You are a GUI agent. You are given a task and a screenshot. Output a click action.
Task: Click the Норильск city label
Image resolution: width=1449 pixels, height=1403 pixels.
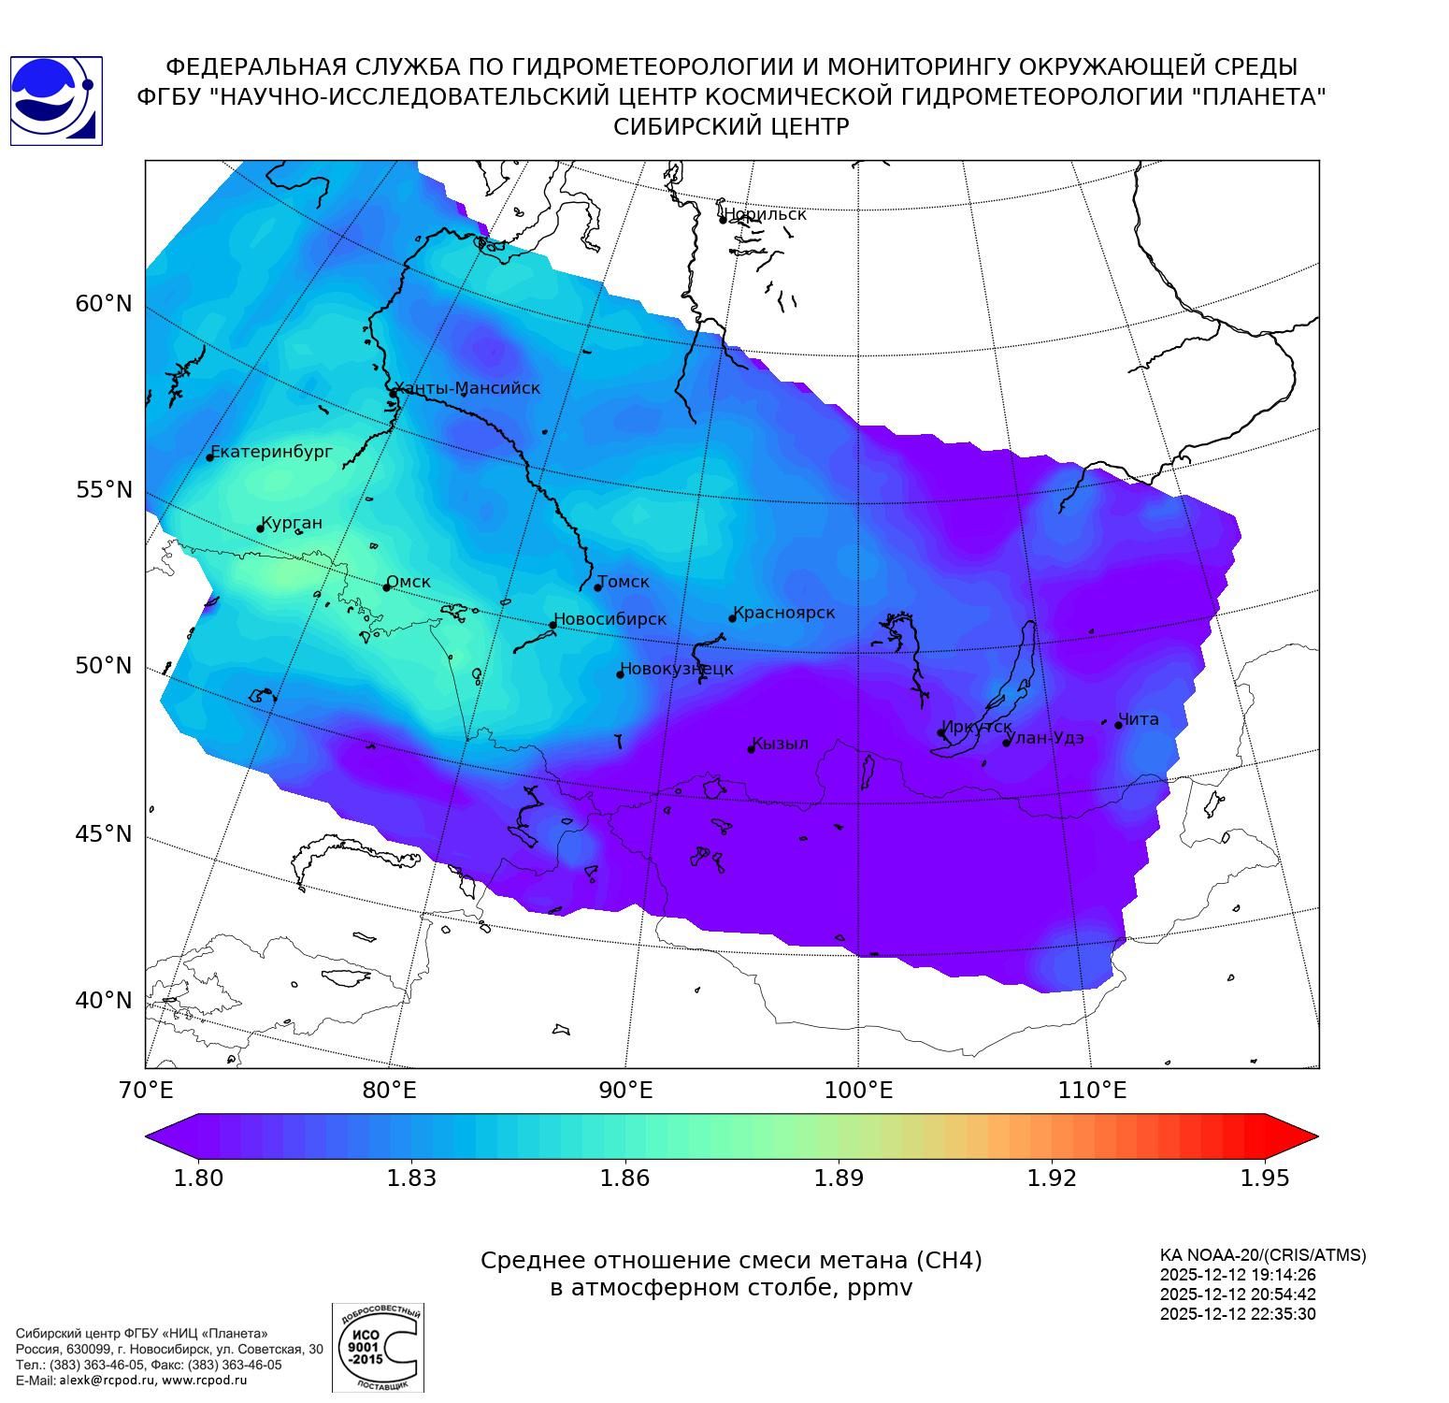tap(765, 214)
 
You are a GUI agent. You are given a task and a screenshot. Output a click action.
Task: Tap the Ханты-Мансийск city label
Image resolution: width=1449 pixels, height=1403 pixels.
tap(467, 388)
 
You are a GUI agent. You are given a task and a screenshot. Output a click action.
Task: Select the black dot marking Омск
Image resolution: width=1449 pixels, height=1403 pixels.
tap(386, 587)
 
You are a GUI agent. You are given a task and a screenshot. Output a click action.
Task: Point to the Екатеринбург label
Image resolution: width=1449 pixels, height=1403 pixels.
tap(272, 452)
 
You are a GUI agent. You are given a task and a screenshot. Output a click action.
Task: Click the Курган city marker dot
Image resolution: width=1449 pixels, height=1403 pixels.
tap(261, 529)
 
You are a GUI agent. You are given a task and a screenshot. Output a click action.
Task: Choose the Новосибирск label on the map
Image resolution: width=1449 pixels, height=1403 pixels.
tap(610, 619)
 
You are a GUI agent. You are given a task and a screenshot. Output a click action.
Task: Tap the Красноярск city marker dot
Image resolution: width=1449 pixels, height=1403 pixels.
tap(733, 618)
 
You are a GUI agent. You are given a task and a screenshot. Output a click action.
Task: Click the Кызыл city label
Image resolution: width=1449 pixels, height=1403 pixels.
tap(781, 744)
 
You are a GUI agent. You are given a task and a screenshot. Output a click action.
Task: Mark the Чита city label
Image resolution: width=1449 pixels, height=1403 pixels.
tap(1139, 719)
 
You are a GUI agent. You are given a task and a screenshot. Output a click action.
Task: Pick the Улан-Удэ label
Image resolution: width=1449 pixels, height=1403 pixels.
tap(1045, 738)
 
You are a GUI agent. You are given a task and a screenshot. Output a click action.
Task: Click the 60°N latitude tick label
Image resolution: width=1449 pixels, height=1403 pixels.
tap(104, 304)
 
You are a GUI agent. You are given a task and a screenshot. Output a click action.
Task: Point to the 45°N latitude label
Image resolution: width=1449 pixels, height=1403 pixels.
tap(104, 833)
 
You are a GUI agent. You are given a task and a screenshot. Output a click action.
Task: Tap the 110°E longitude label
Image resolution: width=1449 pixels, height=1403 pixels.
tap(1092, 1090)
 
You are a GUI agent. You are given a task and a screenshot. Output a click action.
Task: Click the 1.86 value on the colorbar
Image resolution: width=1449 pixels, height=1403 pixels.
tap(624, 1178)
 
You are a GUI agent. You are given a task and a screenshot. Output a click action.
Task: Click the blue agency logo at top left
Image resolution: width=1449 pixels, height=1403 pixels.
tap(56, 100)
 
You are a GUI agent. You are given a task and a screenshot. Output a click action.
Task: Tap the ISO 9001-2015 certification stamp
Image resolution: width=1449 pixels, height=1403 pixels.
tap(378, 1348)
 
